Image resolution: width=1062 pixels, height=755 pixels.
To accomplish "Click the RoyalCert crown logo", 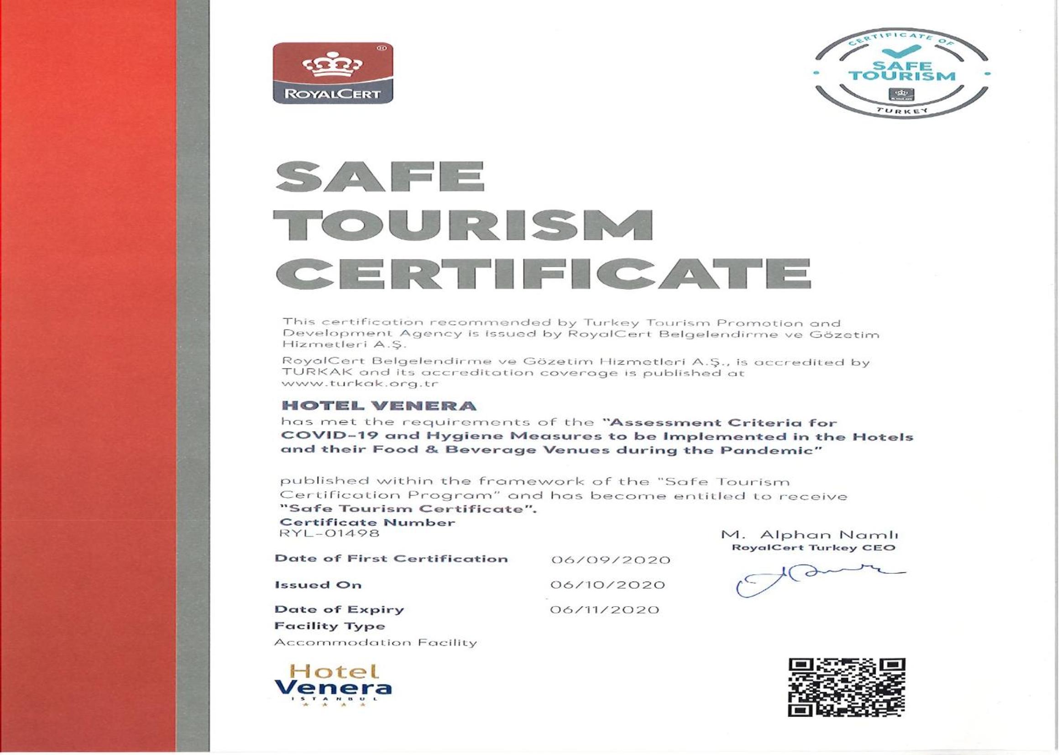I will click(x=333, y=73).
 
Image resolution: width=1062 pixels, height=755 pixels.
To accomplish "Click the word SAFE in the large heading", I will click(x=380, y=177).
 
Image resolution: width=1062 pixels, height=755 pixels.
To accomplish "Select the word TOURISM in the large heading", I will click(x=463, y=225).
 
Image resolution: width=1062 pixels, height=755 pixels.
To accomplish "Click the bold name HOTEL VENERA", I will click(x=379, y=405).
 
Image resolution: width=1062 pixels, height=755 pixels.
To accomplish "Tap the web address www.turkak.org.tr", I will click(x=360, y=383).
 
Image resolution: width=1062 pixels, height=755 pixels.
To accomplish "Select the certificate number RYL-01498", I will click(x=329, y=533).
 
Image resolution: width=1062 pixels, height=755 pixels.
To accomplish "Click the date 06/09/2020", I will click(x=610, y=560).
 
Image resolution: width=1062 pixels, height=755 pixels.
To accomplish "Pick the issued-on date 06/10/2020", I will click(x=607, y=585).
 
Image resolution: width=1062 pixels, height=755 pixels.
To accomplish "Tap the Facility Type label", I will click(x=330, y=626).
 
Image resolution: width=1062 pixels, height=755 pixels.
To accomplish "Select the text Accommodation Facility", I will click(x=376, y=643).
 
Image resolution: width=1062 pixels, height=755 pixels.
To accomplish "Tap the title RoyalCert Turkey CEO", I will click(x=813, y=548).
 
